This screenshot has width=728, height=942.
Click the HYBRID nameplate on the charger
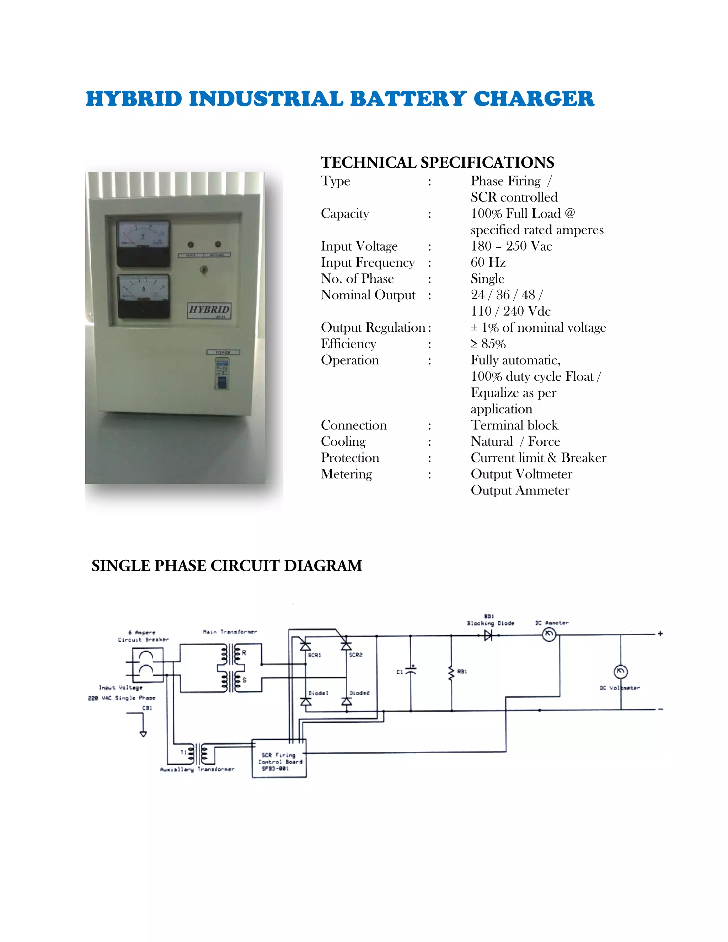(209, 310)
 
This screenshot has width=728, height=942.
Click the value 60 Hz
(488, 262)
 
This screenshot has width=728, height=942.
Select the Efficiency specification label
(348, 344)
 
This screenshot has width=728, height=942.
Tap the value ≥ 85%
(488, 344)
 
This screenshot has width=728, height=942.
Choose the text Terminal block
(514, 425)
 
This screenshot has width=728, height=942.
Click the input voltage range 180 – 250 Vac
(511, 246)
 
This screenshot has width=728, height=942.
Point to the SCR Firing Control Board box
(279, 758)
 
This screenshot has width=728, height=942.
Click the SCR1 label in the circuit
(314, 655)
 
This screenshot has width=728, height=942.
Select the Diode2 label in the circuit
(359, 693)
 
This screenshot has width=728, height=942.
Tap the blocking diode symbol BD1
(488, 635)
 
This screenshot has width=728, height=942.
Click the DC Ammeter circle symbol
(548, 635)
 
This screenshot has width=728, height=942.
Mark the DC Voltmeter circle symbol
(620, 671)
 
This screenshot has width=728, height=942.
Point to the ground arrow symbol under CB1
(143, 733)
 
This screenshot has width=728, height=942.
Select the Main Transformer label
(230, 632)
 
